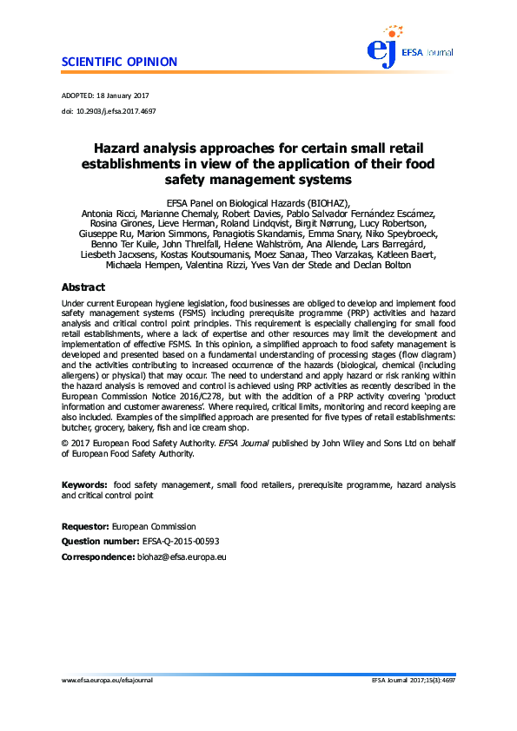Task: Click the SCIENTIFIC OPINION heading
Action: tap(119, 62)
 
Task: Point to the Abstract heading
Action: tap(83, 287)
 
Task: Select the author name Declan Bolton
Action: tap(407, 264)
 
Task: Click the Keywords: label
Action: tap(84, 483)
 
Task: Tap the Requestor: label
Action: tap(84, 526)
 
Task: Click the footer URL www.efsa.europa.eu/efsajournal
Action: tap(107, 680)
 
